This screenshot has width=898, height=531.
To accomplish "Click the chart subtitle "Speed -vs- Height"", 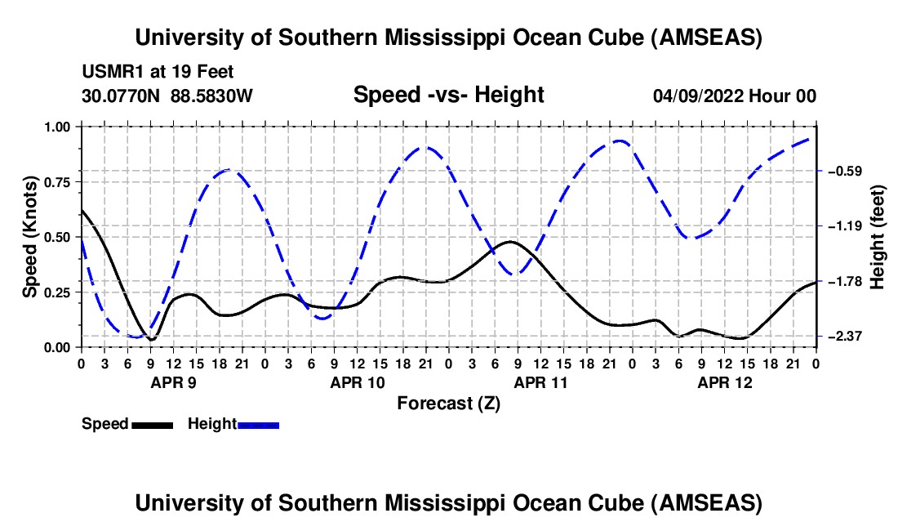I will click(448, 95).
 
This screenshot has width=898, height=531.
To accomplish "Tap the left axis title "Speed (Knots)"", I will click(29, 237).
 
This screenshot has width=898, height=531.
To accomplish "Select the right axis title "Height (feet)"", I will click(878, 237).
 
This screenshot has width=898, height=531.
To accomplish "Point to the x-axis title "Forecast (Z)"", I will click(448, 403).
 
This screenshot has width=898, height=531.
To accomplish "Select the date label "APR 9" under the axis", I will click(172, 382).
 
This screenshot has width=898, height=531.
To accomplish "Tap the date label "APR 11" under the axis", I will click(540, 382).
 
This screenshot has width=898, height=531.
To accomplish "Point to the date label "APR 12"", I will click(723, 382).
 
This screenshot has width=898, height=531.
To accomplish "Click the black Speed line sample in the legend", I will click(151, 424).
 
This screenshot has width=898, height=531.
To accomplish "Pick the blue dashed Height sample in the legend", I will click(258, 424).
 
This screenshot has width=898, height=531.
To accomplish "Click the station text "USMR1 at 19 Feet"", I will click(158, 73).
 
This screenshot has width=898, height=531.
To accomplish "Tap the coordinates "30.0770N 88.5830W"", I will click(167, 96).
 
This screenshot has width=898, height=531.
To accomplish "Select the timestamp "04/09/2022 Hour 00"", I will click(734, 96).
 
